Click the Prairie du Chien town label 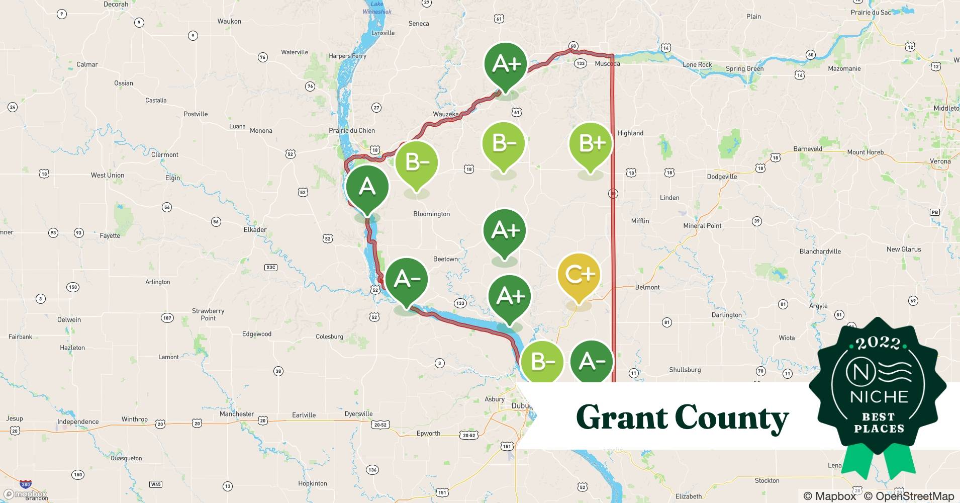352,130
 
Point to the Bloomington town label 431,214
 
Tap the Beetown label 445,259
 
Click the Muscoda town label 607,63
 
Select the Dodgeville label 722,177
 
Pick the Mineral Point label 702,226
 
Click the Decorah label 116,4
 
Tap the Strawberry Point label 208,314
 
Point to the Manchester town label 237,414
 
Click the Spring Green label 744,68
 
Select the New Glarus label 904,249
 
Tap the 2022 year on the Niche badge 878,343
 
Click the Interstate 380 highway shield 26,484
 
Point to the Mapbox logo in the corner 25,494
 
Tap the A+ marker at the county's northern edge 506,64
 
